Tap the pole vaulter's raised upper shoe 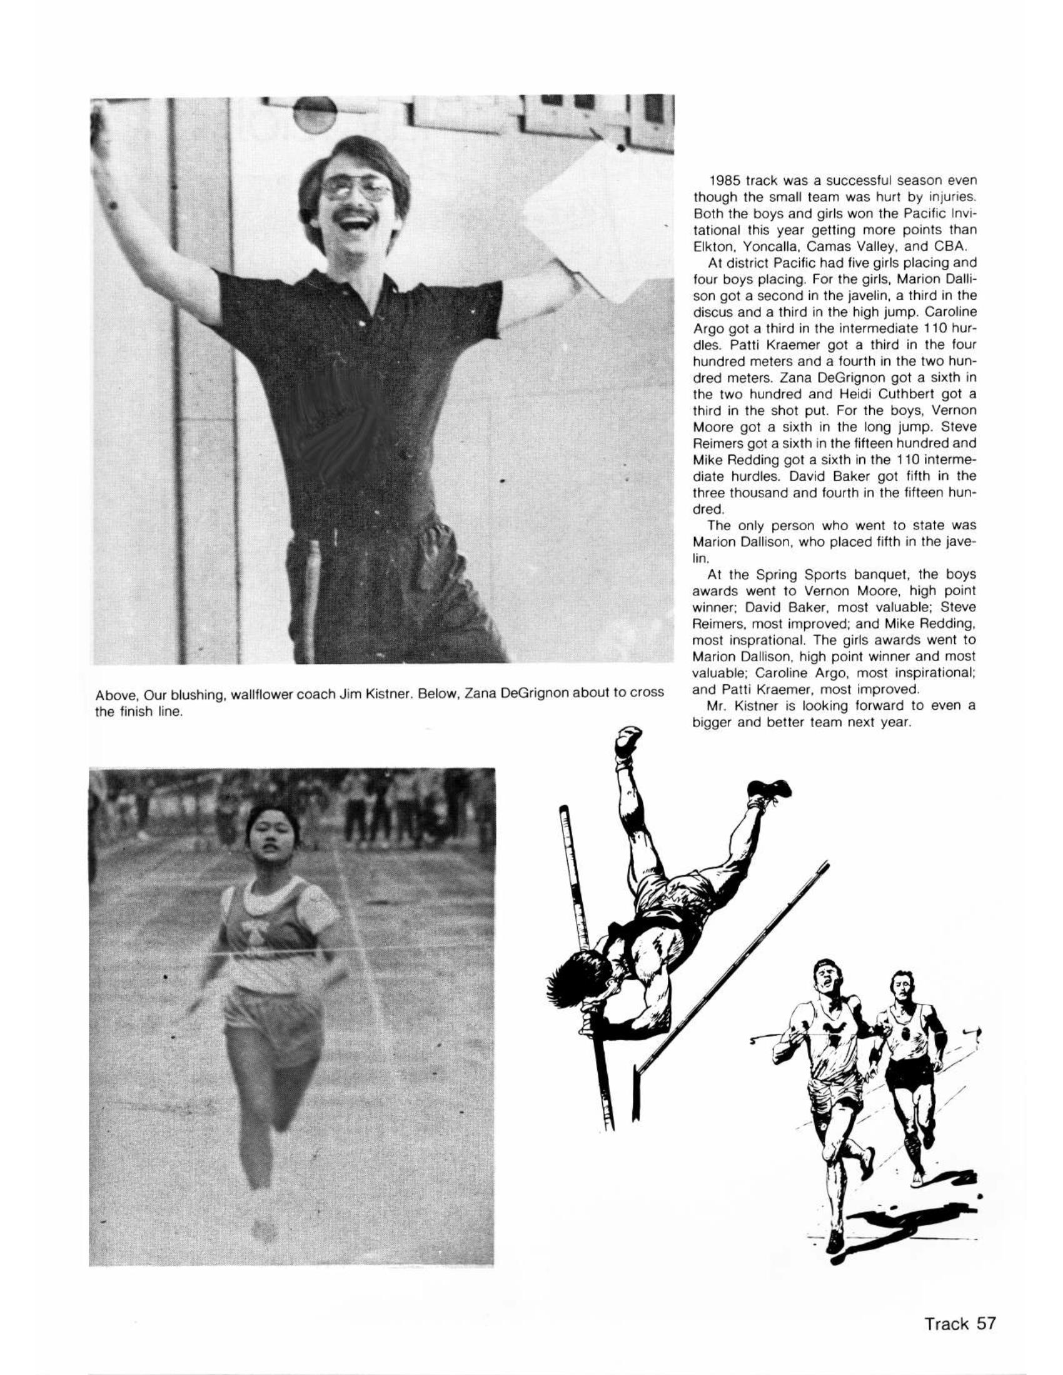click(628, 741)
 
